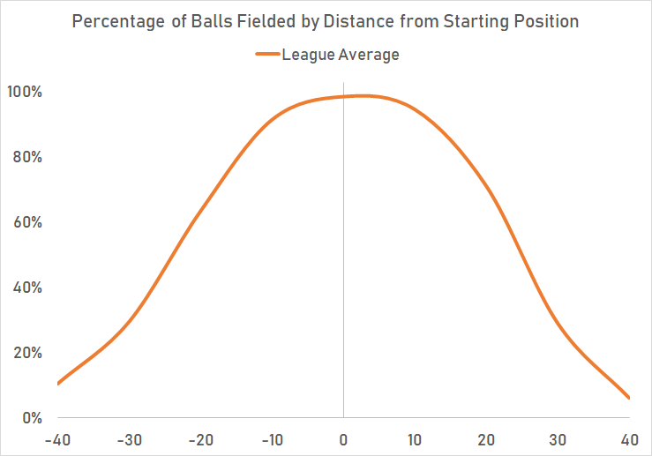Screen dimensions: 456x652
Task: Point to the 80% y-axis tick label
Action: [28, 158]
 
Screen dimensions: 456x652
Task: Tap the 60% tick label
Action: [28, 222]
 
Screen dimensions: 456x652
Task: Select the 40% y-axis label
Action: [28, 288]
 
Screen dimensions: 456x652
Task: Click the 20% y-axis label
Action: [28, 353]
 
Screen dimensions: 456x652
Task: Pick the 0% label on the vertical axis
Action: [32, 418]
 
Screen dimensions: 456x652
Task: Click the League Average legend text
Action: [341, 55]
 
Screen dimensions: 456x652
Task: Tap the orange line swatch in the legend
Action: [267, 55]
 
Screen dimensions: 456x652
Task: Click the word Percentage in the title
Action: [116, 22]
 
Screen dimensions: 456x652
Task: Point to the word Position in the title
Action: [544, 22]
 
